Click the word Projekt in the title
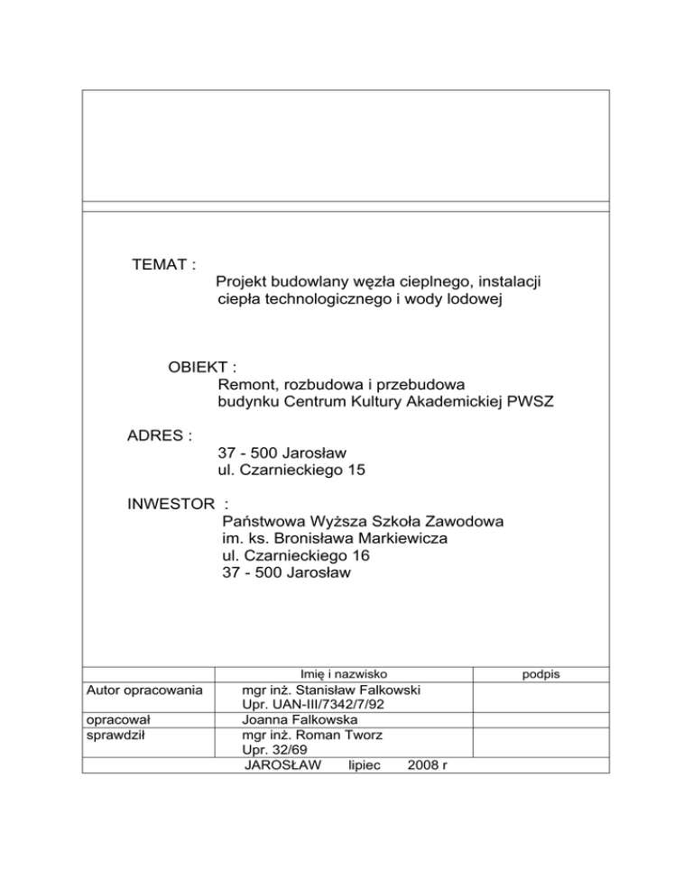[245, 283]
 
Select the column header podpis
[541, 673]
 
